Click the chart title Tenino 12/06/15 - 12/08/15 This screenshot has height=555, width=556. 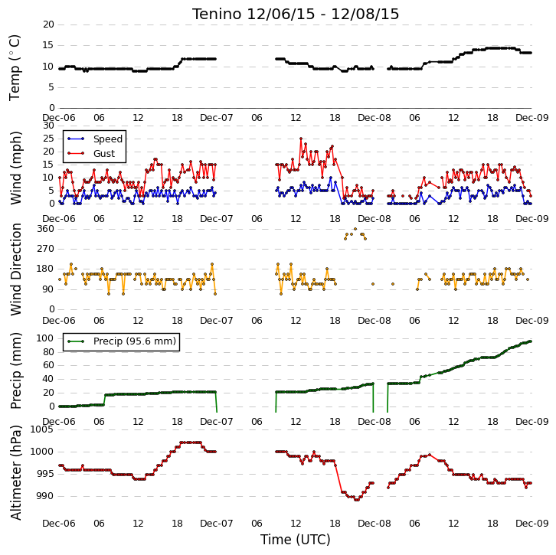pos(296,15)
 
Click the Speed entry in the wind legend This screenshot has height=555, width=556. pos(108,139)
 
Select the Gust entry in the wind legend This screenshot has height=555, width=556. pos(104,153)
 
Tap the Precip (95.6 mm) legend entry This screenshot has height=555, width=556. pos(135,341)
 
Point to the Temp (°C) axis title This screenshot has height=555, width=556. pos(15,67)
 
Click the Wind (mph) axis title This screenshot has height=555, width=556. pos(15,168)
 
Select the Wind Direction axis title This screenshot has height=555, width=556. pos(15,269)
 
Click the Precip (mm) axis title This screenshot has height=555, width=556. pos(15,371)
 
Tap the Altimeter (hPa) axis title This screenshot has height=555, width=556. pos(15,473)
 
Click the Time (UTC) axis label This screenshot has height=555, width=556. pos(296,540)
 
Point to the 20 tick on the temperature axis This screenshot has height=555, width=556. pos(48,24)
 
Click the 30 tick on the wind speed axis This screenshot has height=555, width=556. pos(48,126)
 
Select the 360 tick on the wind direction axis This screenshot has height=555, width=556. pos(46,229)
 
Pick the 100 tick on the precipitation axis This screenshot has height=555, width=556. pos(46,338)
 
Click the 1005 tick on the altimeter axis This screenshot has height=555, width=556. pos(43,429)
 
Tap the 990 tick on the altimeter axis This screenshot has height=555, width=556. pos(46,496)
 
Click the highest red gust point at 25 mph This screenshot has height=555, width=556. pos(301,139)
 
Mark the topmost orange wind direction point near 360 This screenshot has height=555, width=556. pos(355,229)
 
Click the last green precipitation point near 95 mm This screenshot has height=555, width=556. pos(531,341)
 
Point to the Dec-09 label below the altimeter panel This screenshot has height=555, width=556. pos(532,524)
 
